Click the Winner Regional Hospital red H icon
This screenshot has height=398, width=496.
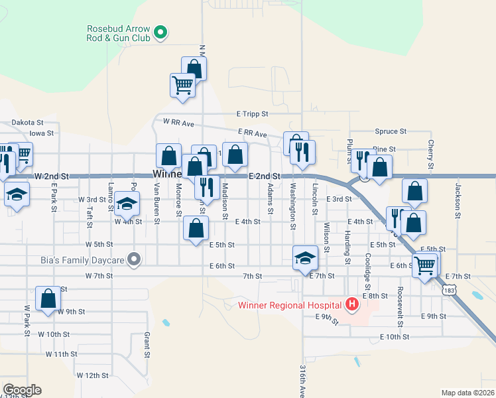coord(352,305)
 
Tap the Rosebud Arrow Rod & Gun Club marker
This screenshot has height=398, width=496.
coord(160,31)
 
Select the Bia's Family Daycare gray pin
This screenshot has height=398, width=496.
coord(135,259)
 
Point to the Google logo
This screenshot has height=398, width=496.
coord(22,390)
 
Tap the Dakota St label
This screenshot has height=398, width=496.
coord(27,123)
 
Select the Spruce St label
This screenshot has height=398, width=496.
coord(391,132)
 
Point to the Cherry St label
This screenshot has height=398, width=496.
coord(430,153)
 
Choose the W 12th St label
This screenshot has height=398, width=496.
coord(92,375)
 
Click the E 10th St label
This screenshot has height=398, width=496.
coord(395,337)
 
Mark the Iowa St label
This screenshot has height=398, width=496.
coord(41,133)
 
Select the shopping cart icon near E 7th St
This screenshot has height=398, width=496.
coord(424,265)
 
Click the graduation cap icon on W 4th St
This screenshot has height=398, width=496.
coord(127,203)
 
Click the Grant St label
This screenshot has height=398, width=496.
coord(147,344)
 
